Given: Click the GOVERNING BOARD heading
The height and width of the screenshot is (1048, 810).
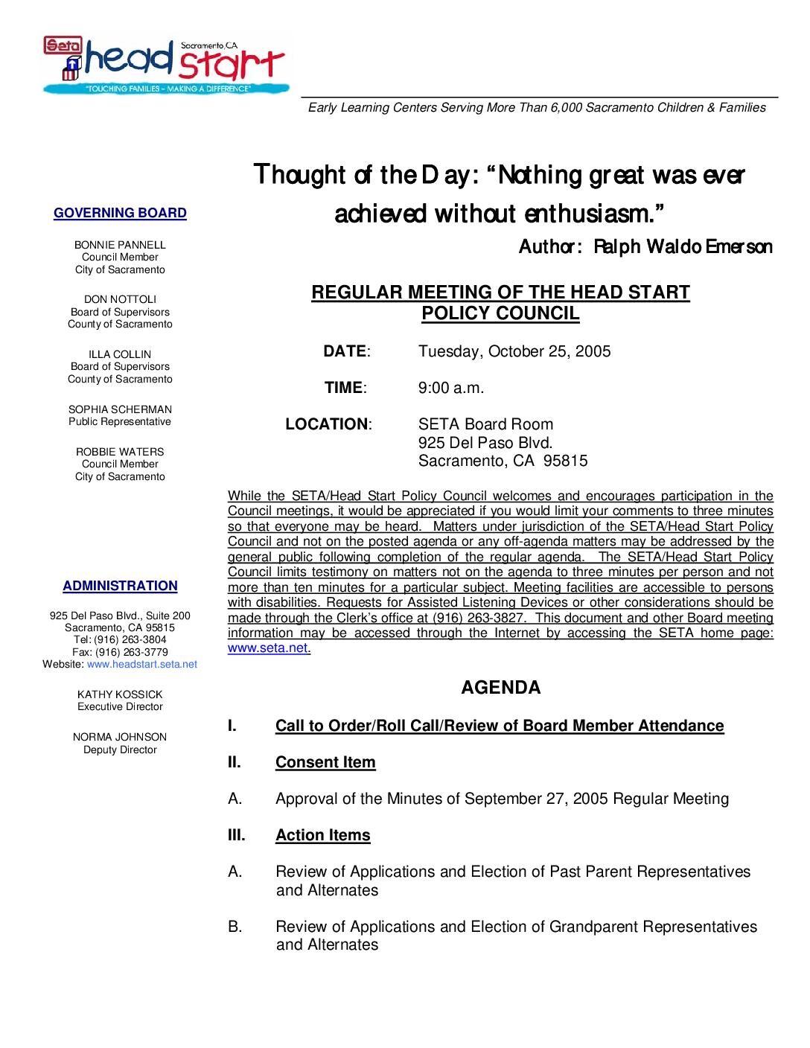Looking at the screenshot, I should pyautogui.click(x=120, y=213).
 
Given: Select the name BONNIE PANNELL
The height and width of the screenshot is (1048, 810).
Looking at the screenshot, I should pyautogui.click(x=120, y=245).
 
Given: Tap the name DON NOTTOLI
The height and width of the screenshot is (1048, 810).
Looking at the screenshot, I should pyautogui.click(x=120, y=299).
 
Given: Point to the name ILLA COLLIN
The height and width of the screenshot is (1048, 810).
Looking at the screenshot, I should pyautogui.click(x=120, y=354).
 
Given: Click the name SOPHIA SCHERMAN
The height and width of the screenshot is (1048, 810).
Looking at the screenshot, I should pyautogui.click(x=120, y=409).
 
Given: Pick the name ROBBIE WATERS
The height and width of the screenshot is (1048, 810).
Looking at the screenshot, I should pyautogui.click(x=120, y=452).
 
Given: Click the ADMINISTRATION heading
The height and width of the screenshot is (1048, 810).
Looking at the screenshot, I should pyautogui.click(x=120, y=586).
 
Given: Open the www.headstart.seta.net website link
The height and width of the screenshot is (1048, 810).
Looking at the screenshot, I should pyautogui.click(x=142, y=664).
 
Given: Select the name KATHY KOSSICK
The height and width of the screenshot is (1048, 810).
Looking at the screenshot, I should pyautogui.click(x=120, y=694).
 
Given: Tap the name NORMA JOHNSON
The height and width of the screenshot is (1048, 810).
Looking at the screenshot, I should pyautogui.click(x=120, y=737).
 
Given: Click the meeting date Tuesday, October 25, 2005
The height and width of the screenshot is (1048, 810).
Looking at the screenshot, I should pyautogui.click(x=514, y=351).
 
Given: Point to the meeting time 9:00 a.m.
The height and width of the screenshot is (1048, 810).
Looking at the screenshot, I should pyautogui.click(x=451, y=388).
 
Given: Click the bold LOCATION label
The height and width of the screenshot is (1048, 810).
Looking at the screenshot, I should pyautogui.click(x=327, y=424).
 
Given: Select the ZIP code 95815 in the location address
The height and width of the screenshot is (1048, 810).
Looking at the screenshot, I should pyautogui.click(x=565, y=461).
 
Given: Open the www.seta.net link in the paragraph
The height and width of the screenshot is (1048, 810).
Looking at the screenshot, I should pyautogui.click(x=268, y=648).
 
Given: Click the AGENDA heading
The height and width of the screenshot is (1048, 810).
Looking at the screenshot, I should pyautogui.click(x=500, y=688).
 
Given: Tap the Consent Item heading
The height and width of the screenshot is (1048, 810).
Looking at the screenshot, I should pyautogui.click(x=325, y=762).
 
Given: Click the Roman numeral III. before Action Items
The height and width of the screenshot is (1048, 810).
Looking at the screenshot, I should pyautogui.click(x=236, y=835).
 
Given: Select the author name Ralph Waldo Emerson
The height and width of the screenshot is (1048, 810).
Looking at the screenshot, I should pyautogui.click(x=683, y=247).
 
